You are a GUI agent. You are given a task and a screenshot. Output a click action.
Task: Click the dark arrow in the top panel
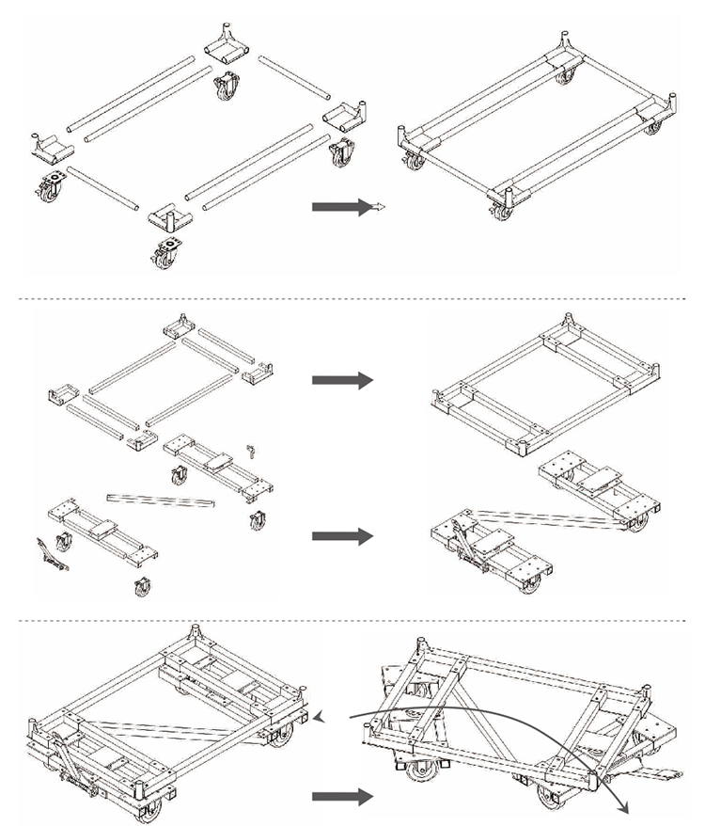[x=336, y=208]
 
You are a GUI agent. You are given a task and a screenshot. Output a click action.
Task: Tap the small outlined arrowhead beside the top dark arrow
[x=378, y=208]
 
